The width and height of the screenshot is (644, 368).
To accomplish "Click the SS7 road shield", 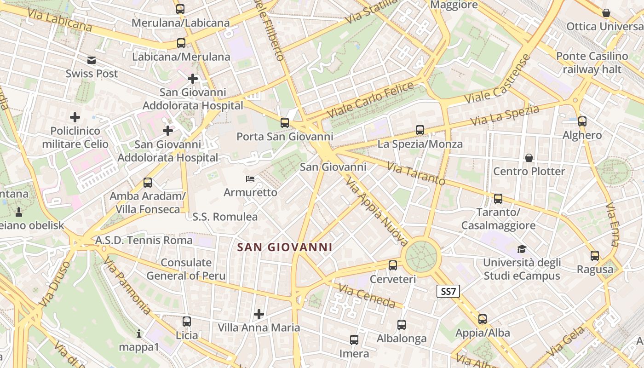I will click(x=448, y=291).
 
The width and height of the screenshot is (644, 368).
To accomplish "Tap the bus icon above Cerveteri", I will click(x=392, y=265).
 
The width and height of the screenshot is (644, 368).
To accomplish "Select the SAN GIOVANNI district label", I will click(x=284, y=247).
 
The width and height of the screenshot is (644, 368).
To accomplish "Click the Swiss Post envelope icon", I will click(x=92, y=60).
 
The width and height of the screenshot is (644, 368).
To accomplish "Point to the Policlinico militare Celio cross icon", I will click(x=75, y=117).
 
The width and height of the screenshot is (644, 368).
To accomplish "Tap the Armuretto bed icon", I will click(x=250, y=178).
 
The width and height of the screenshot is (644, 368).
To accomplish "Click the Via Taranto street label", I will click(x=416, y=173).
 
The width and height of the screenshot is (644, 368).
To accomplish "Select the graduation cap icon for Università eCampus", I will click(x=522, y=249).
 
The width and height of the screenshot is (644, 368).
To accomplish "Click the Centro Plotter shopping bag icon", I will click(x=529, y=158).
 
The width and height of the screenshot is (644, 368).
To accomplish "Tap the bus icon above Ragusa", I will click(x=595, y=256).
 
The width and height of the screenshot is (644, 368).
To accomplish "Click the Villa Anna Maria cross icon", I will click(x=259, y=314).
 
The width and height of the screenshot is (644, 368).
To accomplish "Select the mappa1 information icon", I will click(x=139, y=333).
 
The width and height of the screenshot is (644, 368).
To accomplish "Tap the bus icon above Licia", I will click(x=187, y=322).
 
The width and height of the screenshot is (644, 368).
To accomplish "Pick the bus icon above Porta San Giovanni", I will click(x=285, y=123).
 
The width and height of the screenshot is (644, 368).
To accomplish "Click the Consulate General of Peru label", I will click(x=186, y=269).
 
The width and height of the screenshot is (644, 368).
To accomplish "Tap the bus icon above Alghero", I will click(x=582, y=121).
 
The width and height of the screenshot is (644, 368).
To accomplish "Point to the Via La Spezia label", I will click(x=505, y=116).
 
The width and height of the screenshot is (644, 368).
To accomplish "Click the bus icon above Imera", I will click(x=354, y=340).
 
